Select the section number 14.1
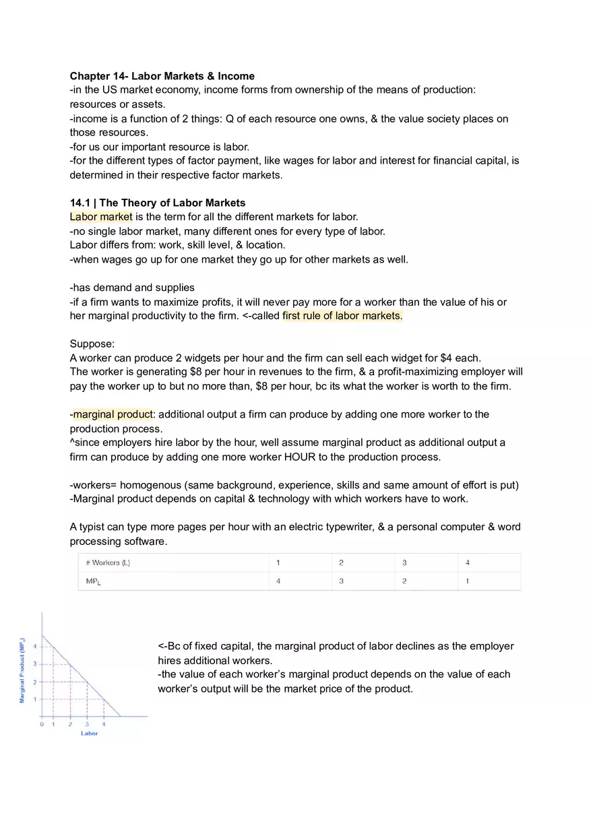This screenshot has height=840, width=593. [x=81, y=203]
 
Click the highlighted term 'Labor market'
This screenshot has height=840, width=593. [x=101, y=217]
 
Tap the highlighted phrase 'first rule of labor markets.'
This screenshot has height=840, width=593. [x=342, y=316]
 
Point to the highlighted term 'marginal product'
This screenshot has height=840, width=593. [x=113, y=414]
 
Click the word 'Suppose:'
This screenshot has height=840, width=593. [x=92, y=344]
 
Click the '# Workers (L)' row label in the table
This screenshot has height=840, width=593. [x=108, y=562]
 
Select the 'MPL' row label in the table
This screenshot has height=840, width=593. [x=94, y=581]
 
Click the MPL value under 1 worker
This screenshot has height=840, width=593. [x=278, y=581]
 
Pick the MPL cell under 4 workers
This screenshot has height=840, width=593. [x=467, y=581]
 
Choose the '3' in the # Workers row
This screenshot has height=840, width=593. [x=404, y=562]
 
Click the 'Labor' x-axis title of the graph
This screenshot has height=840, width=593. [x=89, y=733]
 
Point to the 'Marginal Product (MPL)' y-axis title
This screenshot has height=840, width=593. [x=22, y=670]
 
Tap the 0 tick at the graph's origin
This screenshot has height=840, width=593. [x=42, y=724]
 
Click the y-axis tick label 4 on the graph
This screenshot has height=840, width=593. [x=35, y=647]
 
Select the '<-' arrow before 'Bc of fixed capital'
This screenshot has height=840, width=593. [x=162, y=647]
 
